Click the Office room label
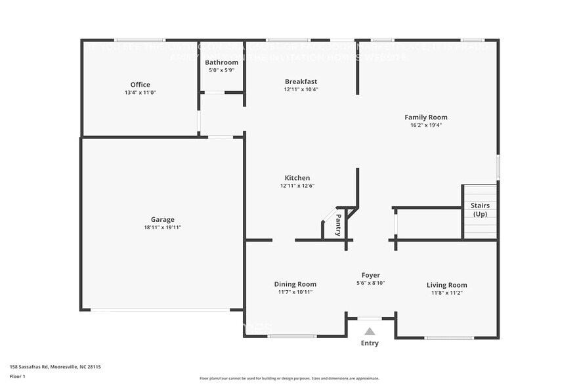tap(140, 85)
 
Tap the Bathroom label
tap(222, 62)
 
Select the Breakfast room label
tap(301, 81)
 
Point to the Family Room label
tap(426, 117)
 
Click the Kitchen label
tap(297, 178)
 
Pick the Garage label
tap(162, 219)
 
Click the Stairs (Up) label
tap(480, 209)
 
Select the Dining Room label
tap(295, 284)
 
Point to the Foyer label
tap(371, 275)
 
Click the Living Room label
tap(446, 285)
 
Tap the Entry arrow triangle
tap(370, 332)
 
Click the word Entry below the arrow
tap(370, 343)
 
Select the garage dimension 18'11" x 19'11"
tap(162, 227)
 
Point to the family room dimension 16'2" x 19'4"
tap(426, 125)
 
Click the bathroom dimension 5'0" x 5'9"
tap(222, 70)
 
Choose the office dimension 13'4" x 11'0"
tap(140, 93)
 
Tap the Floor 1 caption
tap(18, 376)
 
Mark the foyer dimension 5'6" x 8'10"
tap(371, 283)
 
